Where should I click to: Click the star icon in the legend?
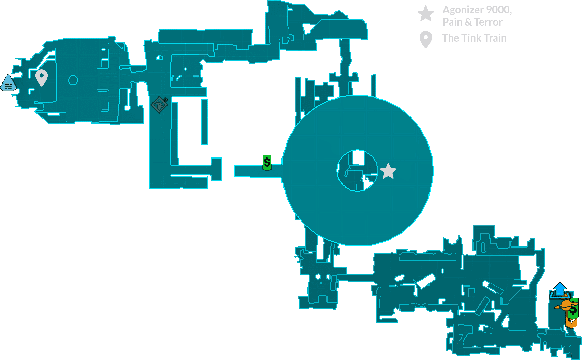point(426,14)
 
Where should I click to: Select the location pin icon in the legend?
point(425,40)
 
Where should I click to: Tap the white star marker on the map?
point(388,171)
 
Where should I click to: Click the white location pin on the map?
point(42,77)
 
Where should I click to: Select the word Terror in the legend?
point(488,22)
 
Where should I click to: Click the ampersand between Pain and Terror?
point(468,22)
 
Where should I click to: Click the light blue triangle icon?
point(8,84)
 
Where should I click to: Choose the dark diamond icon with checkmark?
point(159,104)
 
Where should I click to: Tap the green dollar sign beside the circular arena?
point(267,163)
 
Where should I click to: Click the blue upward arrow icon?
point(559,289)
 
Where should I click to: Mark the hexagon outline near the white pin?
point(73,80)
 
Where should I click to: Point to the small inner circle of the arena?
point(357,170)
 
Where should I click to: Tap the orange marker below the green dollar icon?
point(571,322)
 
